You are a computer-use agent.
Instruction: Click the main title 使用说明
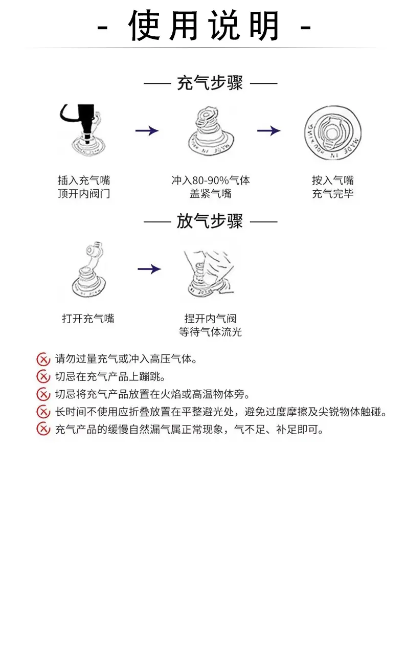[204, 26]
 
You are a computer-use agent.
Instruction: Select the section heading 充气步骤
[210, 83]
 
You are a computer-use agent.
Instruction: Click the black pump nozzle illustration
[83, 129]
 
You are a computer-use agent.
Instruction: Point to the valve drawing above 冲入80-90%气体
[211, 131]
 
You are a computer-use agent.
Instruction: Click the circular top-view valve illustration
[333, 132]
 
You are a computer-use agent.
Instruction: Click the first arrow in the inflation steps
[147, 130]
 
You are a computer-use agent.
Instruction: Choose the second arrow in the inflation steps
[269, 130]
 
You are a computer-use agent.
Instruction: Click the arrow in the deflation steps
[149, 269]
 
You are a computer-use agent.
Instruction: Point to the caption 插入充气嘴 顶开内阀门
[84, 187]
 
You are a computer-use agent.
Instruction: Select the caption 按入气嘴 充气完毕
[333, 187]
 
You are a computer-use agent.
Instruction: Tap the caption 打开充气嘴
[88, 319]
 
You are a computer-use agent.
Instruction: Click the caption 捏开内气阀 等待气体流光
[210, 325]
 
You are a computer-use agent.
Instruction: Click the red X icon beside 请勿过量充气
[43, 359]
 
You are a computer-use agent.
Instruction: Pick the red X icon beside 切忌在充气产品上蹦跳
[43, 377]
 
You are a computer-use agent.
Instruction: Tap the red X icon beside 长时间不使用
[43, 412]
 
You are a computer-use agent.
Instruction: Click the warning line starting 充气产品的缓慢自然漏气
[189, 429]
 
